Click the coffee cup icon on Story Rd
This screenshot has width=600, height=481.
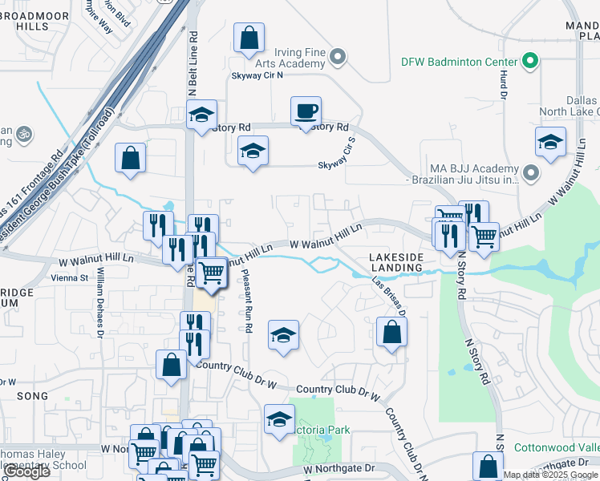click(305, 111)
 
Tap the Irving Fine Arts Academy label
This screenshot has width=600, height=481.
click(290, 58)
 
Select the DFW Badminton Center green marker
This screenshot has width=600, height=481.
click(529, 61)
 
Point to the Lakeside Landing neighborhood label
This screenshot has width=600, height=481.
click(395, 262)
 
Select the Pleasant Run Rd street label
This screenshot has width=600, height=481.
click(249, 301)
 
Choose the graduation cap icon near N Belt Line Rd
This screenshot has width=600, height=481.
click(202, 115)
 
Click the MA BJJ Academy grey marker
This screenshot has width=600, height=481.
click(529, 172)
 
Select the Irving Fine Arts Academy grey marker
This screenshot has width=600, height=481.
click(338, 57)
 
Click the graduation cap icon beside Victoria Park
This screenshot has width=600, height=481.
click(279, 419)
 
